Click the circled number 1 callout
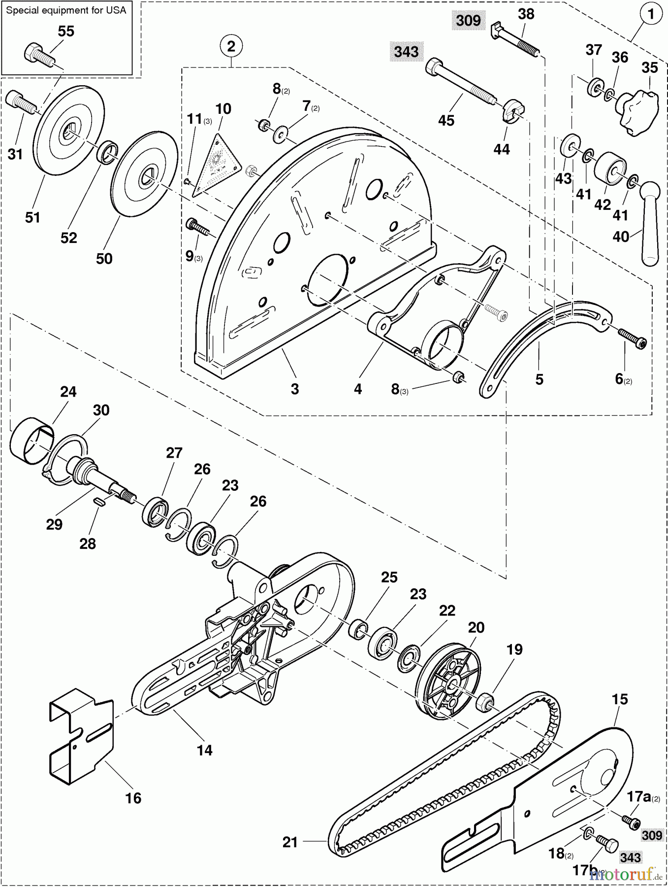coord(651,14)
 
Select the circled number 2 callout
coord(231,46)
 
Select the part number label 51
coord(32,217)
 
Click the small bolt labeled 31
coord(20,102)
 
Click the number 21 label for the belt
coord(290,842)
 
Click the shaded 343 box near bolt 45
coord(406,51)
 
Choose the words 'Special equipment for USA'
coord(66,10)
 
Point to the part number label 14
coord(204,751)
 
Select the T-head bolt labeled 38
coord(515,41)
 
